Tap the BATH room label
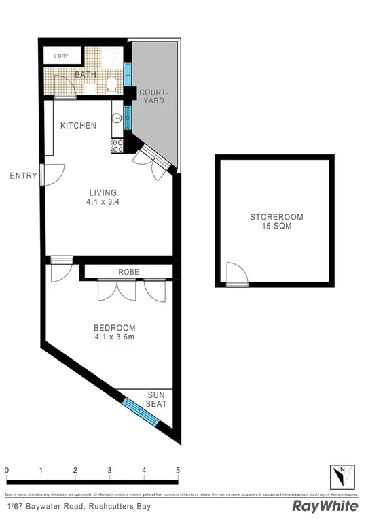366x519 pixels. pos(85,74)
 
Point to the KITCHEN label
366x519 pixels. pos(78,126)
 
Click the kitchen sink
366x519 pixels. pos(116,118)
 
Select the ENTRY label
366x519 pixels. pos(23,176)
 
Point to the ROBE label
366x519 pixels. pos(128,272)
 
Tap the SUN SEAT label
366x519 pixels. pos(157,399)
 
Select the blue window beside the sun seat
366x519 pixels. pos(141,412)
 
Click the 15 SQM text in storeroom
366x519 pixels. pos(276,228)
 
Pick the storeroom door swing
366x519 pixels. pos(236,274)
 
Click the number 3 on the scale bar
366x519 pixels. pos(109,470)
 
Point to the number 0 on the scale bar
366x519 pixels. pos(6,470)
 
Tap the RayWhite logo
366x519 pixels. pos(325,506)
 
